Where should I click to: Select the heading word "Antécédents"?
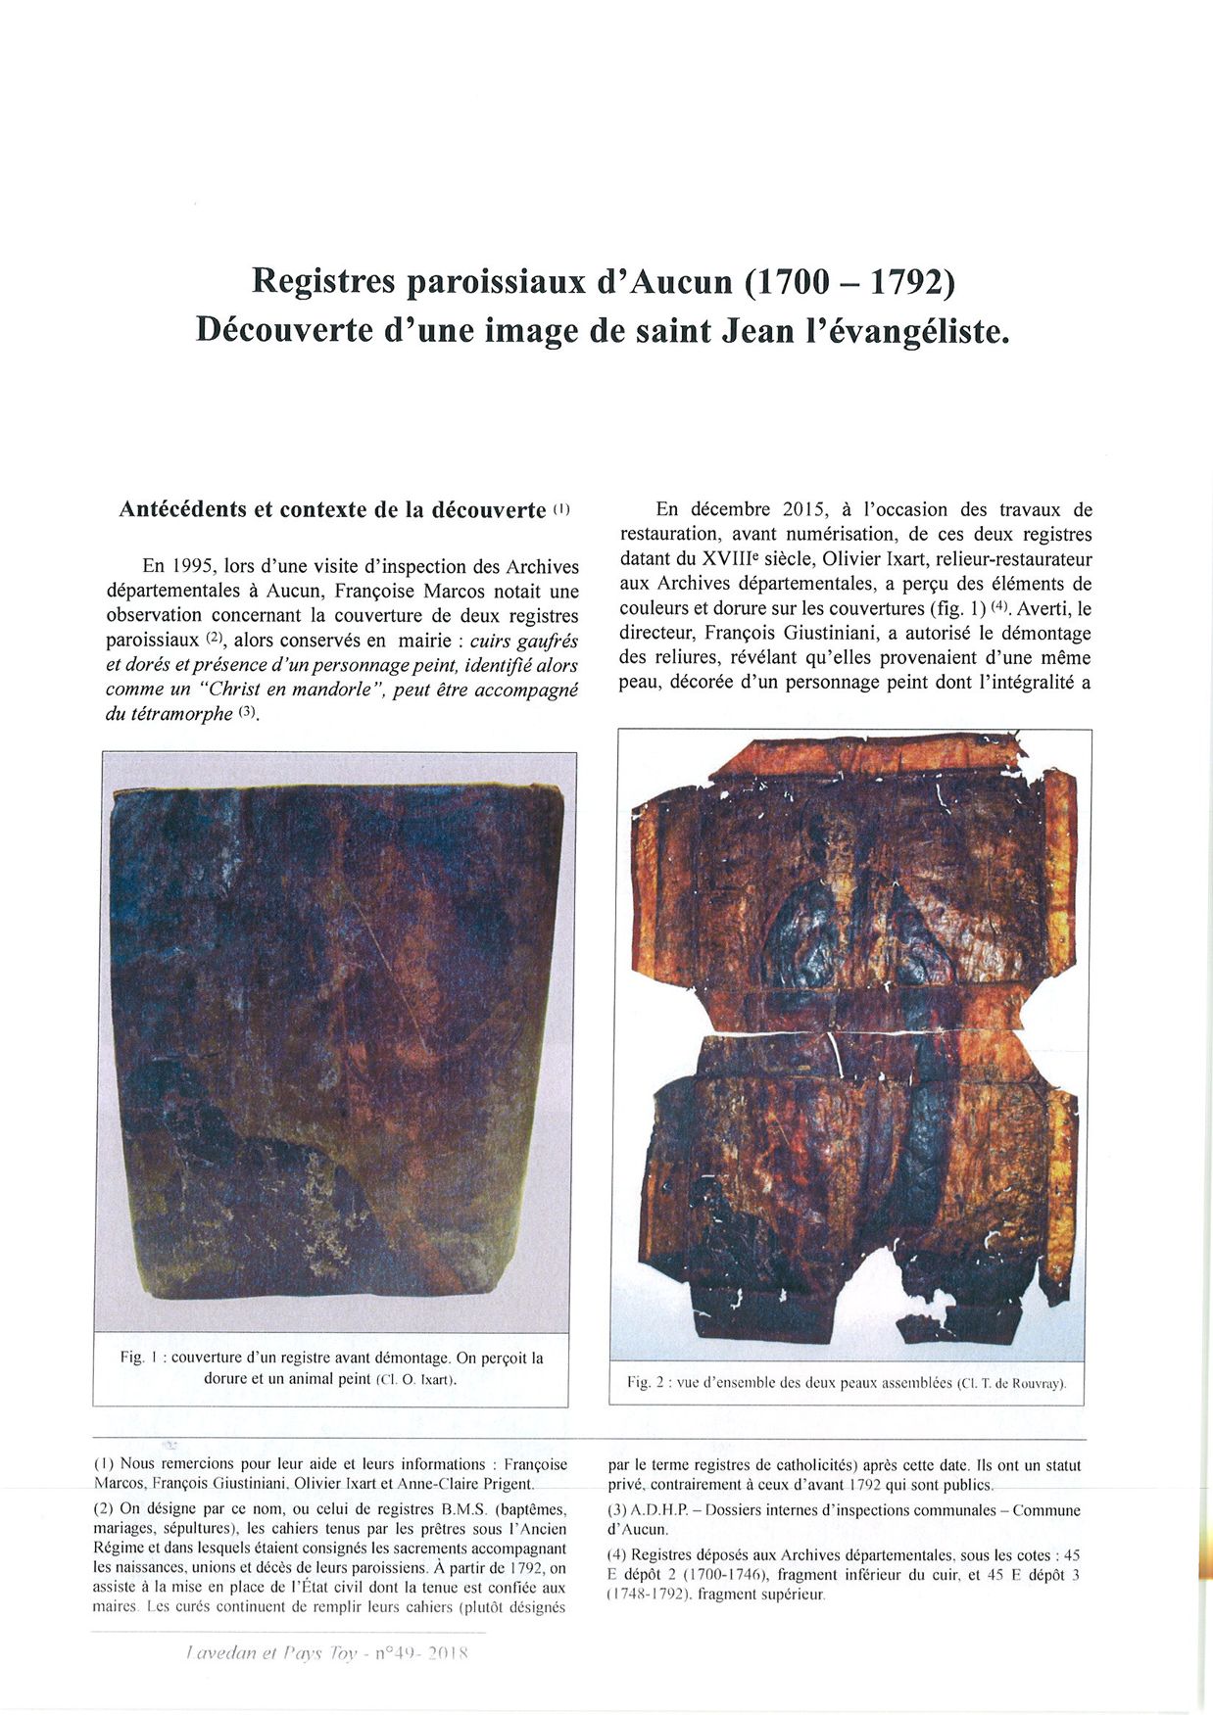tap(183, 509)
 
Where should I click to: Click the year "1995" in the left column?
tap(194, 566)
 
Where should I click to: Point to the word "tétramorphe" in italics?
tap(182, 714)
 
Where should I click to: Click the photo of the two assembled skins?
tap(850, 1043)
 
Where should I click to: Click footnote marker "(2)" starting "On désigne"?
tap(104, 1508)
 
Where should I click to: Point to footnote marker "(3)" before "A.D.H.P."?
tap(617, 1510)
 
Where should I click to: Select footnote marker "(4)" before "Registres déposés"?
tap(617, 1554)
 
